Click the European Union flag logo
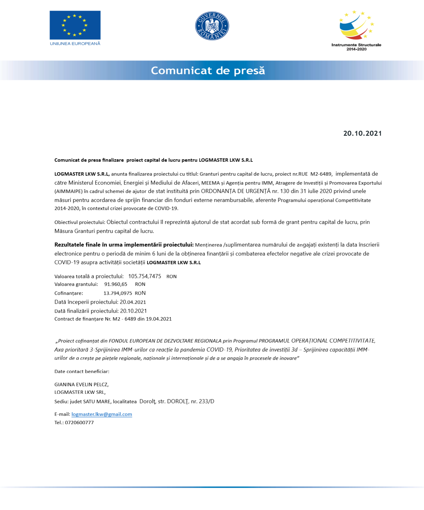point(75,25)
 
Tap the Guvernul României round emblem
point(212,26)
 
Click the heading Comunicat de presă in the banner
point(208,71)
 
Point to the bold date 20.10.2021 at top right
point(362,134)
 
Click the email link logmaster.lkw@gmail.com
point(102,414)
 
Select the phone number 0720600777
point(79,423)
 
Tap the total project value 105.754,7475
point(145,276)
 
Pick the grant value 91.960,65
point(116,284)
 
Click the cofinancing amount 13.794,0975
point(118,293)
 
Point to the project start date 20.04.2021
point(133,302)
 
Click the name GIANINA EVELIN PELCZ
point(81,385)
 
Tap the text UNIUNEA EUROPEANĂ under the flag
point(75,44)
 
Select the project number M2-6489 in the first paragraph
point(321,174)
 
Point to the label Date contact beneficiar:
point(82,372)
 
